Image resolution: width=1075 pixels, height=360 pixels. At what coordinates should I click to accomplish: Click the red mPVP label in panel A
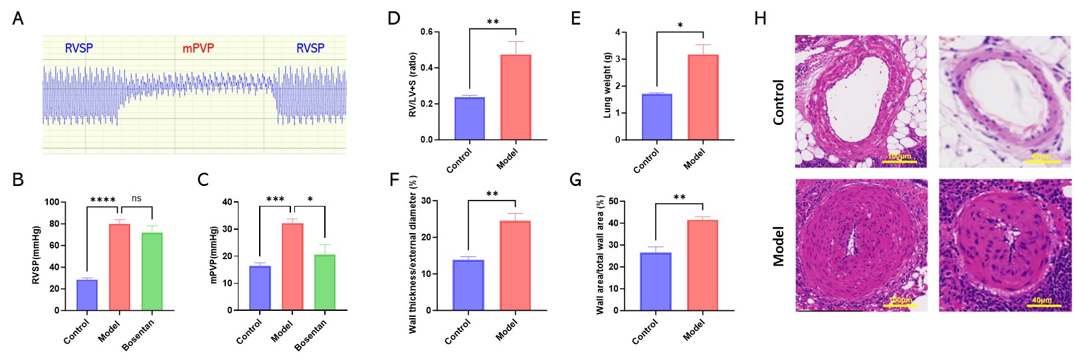(198, 48)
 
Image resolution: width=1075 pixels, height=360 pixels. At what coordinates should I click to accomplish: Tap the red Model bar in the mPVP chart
(292, 266)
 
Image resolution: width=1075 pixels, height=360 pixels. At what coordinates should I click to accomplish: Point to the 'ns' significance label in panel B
(136, 199)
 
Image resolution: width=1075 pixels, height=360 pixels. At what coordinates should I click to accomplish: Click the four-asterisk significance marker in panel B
(102, 200)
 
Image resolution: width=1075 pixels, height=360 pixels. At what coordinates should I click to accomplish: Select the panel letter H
(760, 19)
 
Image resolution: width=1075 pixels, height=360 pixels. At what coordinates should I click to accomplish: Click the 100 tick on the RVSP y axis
(52, 202)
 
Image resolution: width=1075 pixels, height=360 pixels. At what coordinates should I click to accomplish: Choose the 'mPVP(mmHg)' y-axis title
(214, 255)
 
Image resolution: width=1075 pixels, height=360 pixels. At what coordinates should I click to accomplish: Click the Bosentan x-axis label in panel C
(311, 335)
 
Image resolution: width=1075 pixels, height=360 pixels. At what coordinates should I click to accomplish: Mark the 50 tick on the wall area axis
(613, 201)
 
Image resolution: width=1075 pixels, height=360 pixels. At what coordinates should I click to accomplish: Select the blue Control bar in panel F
(468, 285)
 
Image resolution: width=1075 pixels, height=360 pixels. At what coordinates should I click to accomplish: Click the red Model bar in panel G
(702, 265)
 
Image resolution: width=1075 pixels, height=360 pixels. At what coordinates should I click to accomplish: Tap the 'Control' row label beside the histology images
(779, 102)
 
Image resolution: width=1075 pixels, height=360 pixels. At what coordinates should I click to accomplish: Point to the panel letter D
(394, 18)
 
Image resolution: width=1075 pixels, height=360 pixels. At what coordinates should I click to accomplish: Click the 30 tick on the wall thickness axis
(426, 201)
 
